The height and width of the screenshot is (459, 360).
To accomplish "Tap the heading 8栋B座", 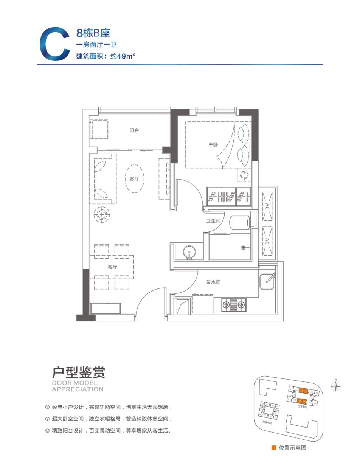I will click(x=93, y=33).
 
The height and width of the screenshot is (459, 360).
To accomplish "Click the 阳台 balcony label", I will click(x=134, y=130).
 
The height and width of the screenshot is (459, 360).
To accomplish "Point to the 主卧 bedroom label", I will click(x=213, y=144).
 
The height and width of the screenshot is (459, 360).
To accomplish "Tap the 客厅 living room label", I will click(x=134, y=179).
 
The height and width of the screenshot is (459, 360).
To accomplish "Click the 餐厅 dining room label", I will click(x=112, y=267).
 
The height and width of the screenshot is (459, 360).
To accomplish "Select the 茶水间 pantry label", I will click(x=213, y=282).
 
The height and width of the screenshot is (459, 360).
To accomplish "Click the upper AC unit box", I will click(x=267, y=206).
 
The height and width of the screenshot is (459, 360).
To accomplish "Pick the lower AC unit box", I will click(x=267, y=241).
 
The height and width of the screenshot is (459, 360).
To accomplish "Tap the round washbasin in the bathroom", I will click(x=189, y=251).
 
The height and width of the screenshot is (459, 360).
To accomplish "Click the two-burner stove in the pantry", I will click(x=234, y=303).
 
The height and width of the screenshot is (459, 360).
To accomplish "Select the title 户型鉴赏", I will click(x=78, y=372).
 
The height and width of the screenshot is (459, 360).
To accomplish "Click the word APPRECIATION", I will click(x=78, y=389).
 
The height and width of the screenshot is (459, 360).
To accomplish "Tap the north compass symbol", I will click(x=335, y=386).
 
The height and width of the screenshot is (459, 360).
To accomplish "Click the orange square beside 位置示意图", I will click(x=273, y=448).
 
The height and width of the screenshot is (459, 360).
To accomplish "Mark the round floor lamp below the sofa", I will click(x=101, y=215).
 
